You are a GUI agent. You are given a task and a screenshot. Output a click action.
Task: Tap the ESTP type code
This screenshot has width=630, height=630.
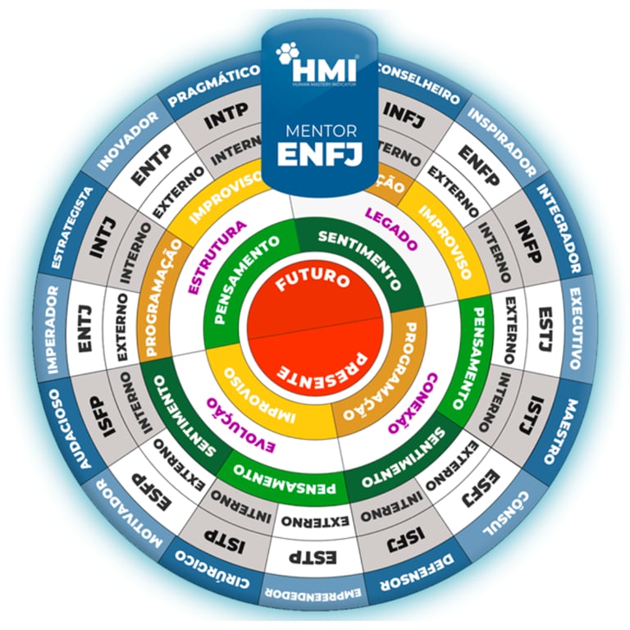point(312,558)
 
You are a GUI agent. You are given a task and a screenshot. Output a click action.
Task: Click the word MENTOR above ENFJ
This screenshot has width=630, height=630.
point(315,130)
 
